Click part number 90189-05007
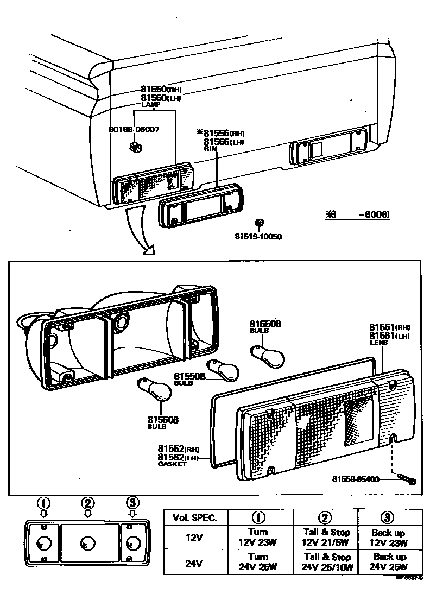point(134,130)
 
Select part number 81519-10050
point(258,236)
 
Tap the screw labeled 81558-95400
point(407,479)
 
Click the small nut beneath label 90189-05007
point(136,146)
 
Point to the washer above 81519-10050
point(259,223)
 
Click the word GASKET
point(172,465)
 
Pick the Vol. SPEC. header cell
point(195,517)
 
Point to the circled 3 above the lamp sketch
point(132,502)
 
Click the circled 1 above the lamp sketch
point(43,502)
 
